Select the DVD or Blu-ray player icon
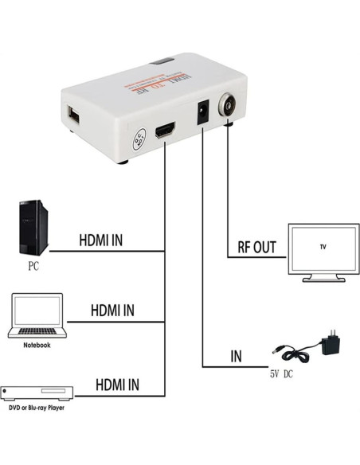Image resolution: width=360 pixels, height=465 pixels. pos(37,393)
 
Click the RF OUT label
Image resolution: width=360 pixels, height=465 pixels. pos(256,248)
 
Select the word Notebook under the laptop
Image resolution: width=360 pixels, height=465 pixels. pos(37,345)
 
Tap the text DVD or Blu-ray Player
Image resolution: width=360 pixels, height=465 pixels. pos(37,408)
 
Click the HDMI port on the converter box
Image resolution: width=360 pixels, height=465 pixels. pos(165,131)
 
